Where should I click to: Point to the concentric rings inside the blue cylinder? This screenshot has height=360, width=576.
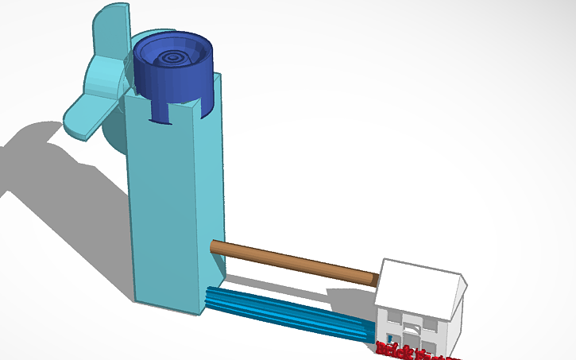click(x=176, y=56)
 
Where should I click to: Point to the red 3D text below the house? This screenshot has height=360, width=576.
click(x=409, y=350)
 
